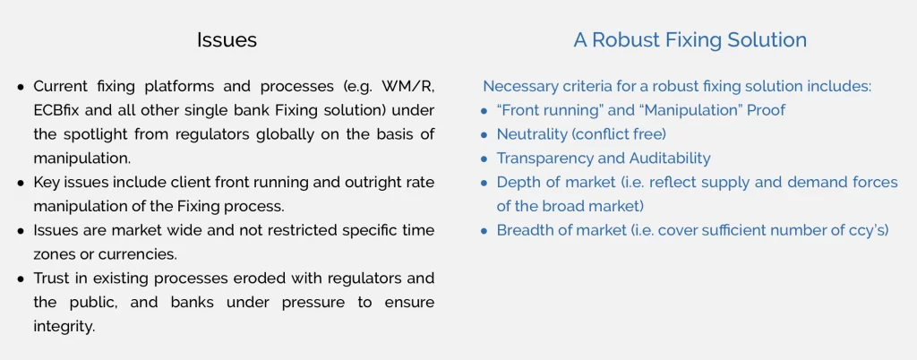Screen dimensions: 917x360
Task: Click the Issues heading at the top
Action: [x=227, y=39]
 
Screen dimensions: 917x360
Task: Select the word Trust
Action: [x=51, y=279]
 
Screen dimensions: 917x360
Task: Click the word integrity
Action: [x=64, y=326]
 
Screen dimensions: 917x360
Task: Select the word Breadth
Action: [x=522, y=230]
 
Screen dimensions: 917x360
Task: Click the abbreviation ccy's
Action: [x=870, y=231]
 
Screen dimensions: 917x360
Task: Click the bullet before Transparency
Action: [x=484, y=159]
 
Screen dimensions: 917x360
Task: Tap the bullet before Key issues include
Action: [x=21, y=183]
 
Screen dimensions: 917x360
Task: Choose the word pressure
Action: [x=327, y=303]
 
